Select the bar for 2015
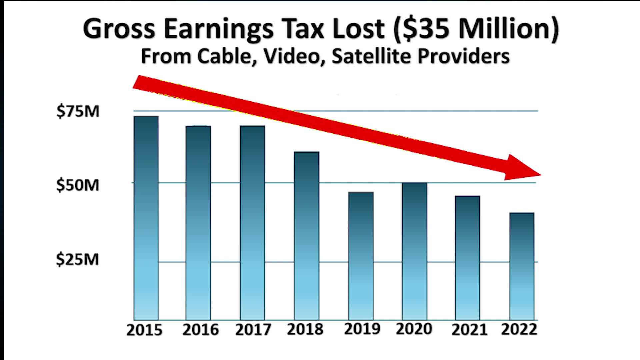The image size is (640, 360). point(146,218)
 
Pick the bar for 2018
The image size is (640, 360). point(306,236)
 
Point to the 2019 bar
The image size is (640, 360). point(361,256)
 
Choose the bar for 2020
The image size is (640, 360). point(414,251)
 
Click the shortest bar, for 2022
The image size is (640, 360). point(522,266)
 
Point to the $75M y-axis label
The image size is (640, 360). point(78,111)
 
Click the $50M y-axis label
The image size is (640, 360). point(78,185)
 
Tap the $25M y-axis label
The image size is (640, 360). point(77,259)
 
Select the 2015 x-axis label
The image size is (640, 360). point(144,330)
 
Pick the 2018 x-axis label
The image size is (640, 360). point(305,329)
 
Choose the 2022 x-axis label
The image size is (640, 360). point(519,329)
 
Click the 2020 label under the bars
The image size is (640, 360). point(414,329)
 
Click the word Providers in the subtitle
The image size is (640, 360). point(464,56)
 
